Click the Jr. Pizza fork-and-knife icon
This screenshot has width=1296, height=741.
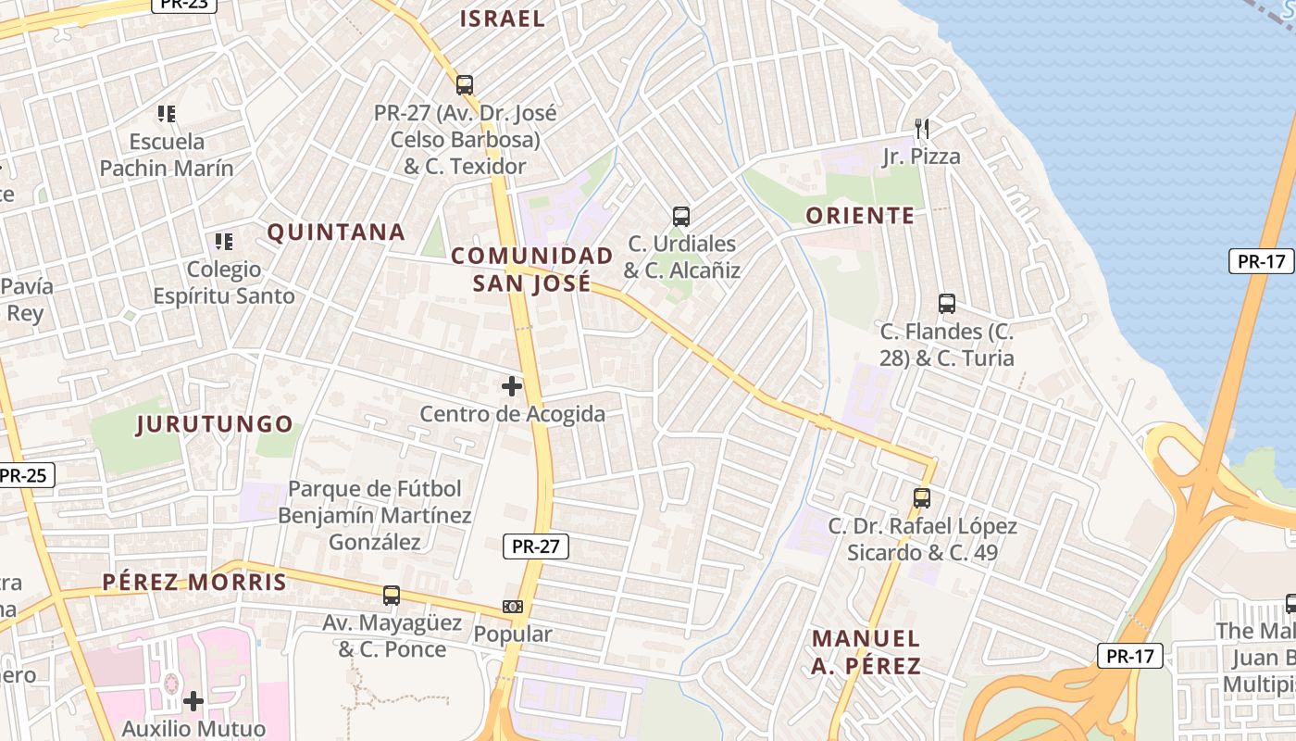tap(921, 128)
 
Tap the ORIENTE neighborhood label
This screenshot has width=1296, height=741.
tap(860, 216)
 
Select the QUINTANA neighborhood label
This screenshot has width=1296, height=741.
tap(337, 232)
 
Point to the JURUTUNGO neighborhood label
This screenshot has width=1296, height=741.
tap(215, 424)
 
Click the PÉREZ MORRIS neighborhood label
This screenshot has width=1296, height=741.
tap(194, 582)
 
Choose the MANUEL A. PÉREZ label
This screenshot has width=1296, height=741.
tap(866, 651)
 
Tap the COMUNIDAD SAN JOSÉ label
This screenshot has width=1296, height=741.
tap(532, 269)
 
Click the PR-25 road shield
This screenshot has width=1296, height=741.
tap(24, 475)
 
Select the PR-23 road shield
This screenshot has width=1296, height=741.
tap(184, 4)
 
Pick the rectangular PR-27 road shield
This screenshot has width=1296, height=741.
tap(536, 546)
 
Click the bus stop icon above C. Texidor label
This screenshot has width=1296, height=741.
tap(465, 85)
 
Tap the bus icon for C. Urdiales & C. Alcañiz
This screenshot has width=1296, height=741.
tap(681, 217)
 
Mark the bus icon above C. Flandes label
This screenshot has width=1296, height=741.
tap(947, 304)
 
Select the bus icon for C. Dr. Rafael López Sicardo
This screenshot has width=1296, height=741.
tap(922, 498)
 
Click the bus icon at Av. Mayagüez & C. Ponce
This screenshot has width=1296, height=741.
tap(392, 596)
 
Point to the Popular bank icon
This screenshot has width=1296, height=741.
tap(513, 607)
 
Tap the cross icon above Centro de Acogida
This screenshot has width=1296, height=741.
tap(512, 386)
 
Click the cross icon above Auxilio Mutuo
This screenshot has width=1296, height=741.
tap(193, 701)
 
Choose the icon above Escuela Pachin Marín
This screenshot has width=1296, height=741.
tap(167, 114)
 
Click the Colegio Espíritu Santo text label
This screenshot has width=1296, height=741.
tap(224, 283)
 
